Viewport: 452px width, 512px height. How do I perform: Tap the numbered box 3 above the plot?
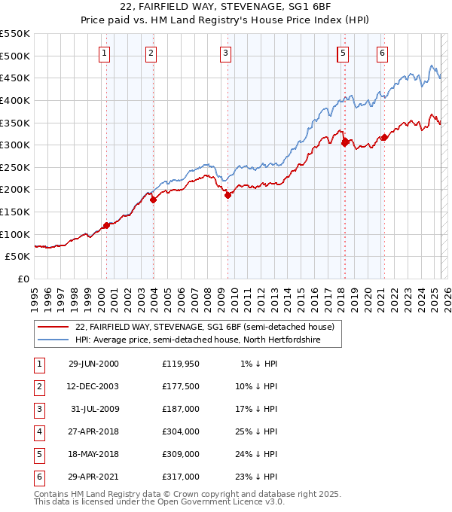pos(225,53)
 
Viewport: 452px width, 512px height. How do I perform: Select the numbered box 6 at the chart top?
pos(382,53)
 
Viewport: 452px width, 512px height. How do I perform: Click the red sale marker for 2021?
pos(384,137)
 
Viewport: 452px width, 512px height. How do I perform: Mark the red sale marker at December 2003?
pos(153,200)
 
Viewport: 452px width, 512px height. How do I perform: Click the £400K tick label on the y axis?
pos(15,100)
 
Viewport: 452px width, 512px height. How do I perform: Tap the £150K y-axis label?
pos(15,212)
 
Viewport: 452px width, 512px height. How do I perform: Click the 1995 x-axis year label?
pos(35,294)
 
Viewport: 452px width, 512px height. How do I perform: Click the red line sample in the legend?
pos(53,327)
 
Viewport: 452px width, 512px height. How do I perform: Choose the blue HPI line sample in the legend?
pos(53,340)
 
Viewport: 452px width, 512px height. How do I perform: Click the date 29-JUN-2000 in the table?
pos(93,364)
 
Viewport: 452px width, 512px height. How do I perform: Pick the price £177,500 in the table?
pos(180,387)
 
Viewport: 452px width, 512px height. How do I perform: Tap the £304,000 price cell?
pos(180,432)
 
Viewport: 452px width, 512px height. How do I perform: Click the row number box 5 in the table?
pos(38,455)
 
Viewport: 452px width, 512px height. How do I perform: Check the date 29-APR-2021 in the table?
pos(93,477)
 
